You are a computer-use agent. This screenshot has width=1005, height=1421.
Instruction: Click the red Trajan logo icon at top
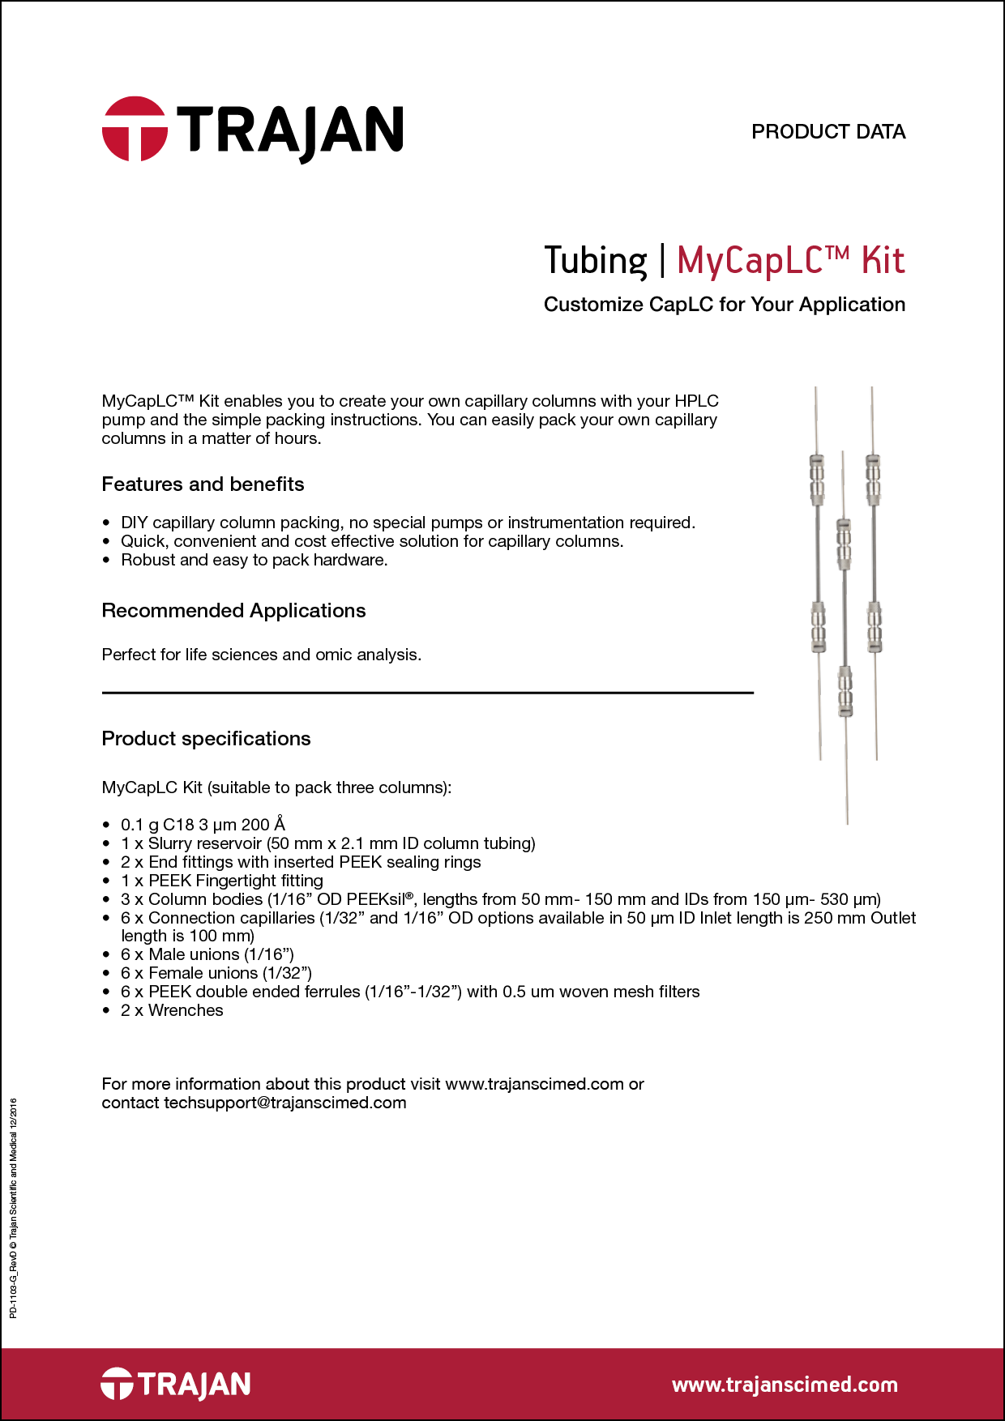point(135,130)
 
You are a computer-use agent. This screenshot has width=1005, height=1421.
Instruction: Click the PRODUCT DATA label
point(828,132)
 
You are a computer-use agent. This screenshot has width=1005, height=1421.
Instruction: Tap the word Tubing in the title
point(596,261)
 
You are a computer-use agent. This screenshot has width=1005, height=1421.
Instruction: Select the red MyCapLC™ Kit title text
point(790,261)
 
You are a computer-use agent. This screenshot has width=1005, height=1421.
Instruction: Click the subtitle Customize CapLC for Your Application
point(724,305)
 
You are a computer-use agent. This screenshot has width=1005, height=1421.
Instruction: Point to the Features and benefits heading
point(203,484)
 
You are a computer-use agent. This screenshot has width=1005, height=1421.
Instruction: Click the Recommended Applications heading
point(233,611)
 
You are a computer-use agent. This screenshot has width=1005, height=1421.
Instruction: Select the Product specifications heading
point(206,739)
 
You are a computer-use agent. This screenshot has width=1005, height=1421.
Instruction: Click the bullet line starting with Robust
point(254,560)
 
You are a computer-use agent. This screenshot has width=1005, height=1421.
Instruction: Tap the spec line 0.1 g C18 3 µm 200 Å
point(203,825)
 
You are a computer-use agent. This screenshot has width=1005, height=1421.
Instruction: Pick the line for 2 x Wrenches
point(172,1010)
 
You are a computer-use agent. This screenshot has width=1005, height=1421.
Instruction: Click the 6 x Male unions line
point(207,954)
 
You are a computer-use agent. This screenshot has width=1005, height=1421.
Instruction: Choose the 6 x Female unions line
point(216,973)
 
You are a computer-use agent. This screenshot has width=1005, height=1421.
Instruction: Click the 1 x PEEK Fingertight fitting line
point(221,881)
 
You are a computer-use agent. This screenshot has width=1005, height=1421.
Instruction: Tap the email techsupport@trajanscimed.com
point(284,1103)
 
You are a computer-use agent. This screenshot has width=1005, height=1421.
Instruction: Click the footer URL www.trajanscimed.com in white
point(785,1385)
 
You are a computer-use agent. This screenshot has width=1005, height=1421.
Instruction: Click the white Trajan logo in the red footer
point(176,1384)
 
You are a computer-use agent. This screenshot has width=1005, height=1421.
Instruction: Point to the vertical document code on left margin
point(13,1208)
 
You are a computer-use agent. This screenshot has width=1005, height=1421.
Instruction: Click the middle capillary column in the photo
point(845,616)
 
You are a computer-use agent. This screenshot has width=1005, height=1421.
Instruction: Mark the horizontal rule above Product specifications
point(427,693)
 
